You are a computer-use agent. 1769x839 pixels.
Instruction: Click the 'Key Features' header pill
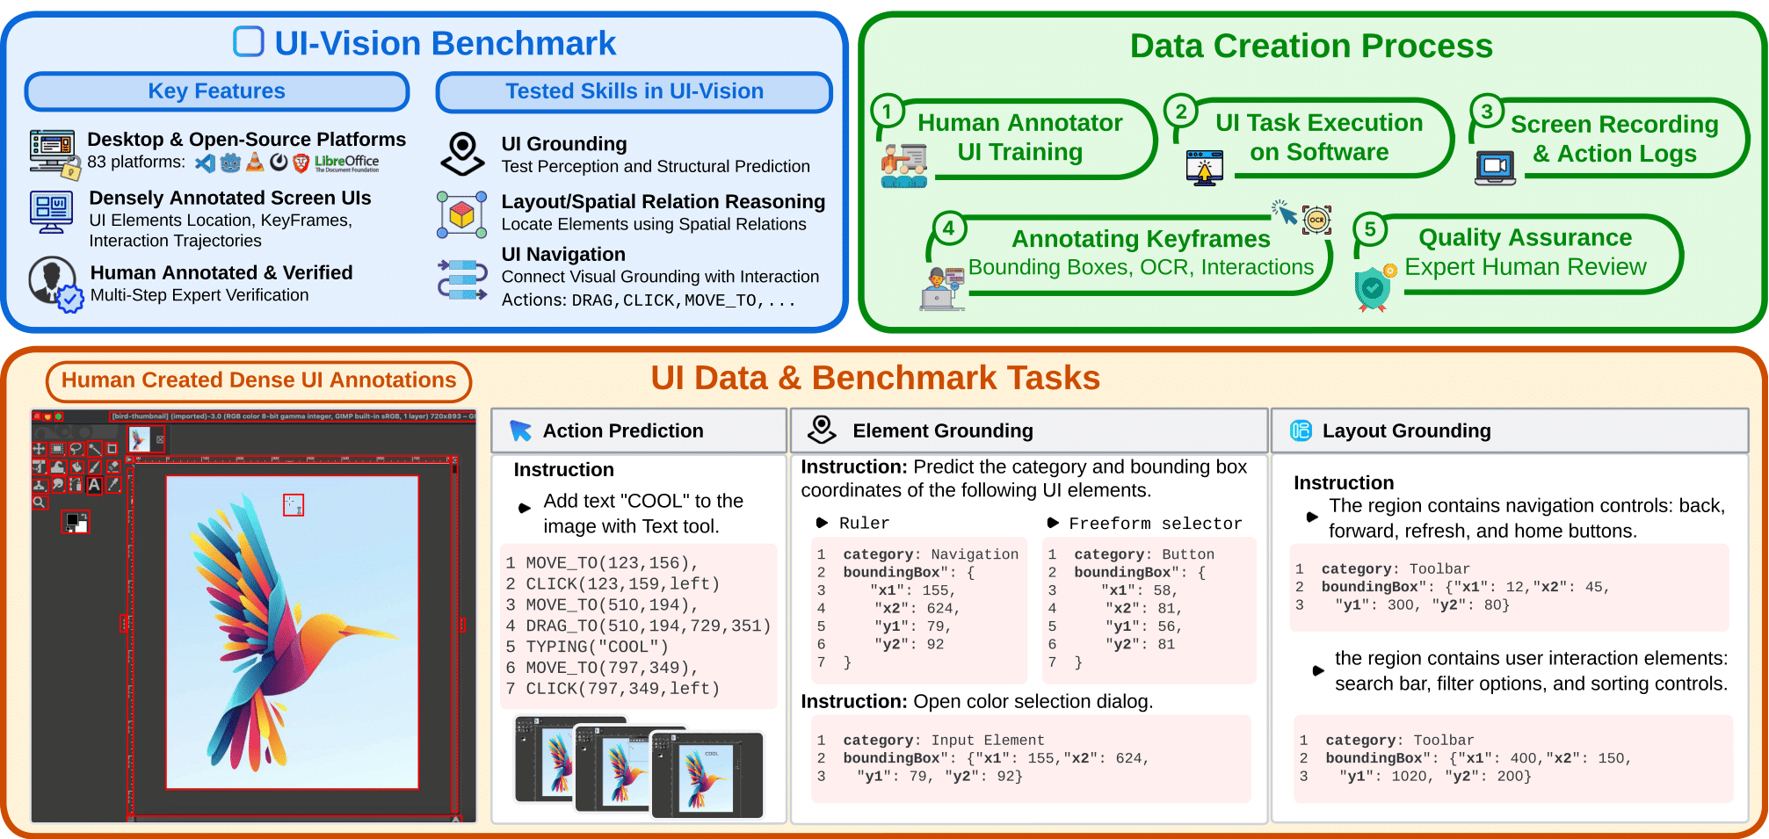tap(216, 91)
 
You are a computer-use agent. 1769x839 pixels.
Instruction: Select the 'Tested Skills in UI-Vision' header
tap(634, 91)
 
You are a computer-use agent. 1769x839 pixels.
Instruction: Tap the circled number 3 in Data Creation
tap(1486, 112)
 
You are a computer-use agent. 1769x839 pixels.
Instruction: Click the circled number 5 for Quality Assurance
tap(1369, 230)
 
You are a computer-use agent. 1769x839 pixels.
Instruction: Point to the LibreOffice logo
tap(346, 163)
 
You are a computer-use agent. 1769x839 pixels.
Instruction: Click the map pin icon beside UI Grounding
tap(462, 154)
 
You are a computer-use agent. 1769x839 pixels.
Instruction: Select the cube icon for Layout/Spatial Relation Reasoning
tap(462, 214)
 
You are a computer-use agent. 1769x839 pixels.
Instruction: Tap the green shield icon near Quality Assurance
tap(1373, 288)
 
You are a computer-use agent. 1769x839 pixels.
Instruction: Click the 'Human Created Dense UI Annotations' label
tap(258, 380)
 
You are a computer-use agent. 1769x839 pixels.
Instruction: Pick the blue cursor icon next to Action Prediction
tap(520, 430)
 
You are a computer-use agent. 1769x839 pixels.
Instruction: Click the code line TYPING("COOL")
tap(597, 647)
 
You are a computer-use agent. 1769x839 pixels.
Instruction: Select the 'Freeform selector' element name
tap(1155, 524)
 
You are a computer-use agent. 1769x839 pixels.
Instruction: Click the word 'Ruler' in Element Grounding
tap(864, 524)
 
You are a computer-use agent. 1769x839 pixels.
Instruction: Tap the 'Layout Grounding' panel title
tap(1406, 430)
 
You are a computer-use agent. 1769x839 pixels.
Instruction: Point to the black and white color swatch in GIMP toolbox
tap(76, 522)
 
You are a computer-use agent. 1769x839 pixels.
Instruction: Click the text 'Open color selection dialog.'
tap(1033, 701)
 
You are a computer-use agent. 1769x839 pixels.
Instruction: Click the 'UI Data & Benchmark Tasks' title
tap(874, 378)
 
